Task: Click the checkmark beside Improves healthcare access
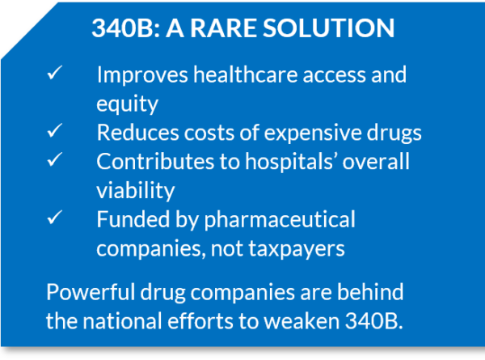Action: (54, 74)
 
